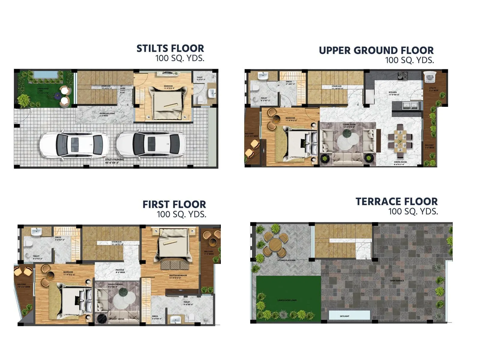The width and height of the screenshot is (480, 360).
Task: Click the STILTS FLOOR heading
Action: (170, 49)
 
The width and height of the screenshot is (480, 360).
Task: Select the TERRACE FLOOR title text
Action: (396, 202)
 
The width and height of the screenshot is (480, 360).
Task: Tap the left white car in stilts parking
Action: (74, 145)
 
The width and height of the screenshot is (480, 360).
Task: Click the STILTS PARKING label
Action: (114, 160)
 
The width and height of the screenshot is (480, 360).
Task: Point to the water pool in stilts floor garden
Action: (45, 74)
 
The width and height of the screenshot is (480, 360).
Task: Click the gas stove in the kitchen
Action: (402, 76)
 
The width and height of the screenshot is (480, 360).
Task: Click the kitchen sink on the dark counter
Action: (410, 105)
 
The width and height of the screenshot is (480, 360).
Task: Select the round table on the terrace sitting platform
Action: (275, 246)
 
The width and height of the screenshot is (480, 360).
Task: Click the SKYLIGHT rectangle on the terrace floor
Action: (349, 316)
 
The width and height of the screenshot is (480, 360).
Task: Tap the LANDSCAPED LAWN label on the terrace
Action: (287, 300)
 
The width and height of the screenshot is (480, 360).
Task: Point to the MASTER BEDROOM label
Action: (178, 275)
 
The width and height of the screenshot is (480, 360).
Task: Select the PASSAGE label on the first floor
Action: (120, 270)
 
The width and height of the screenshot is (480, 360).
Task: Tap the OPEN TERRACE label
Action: (397, 280)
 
